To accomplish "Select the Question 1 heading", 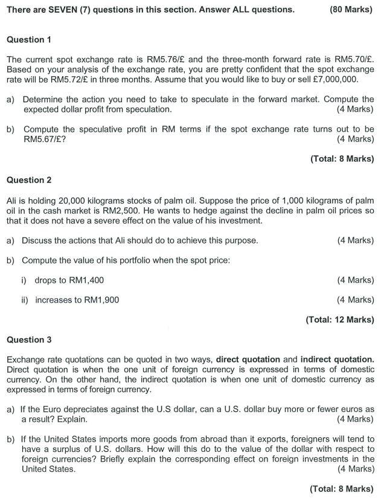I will (28, 39).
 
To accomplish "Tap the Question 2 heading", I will (28, 180).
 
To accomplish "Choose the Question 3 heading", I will (28, 339).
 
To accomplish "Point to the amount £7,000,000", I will (327, 80).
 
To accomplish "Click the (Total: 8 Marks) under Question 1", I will (342, 159).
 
